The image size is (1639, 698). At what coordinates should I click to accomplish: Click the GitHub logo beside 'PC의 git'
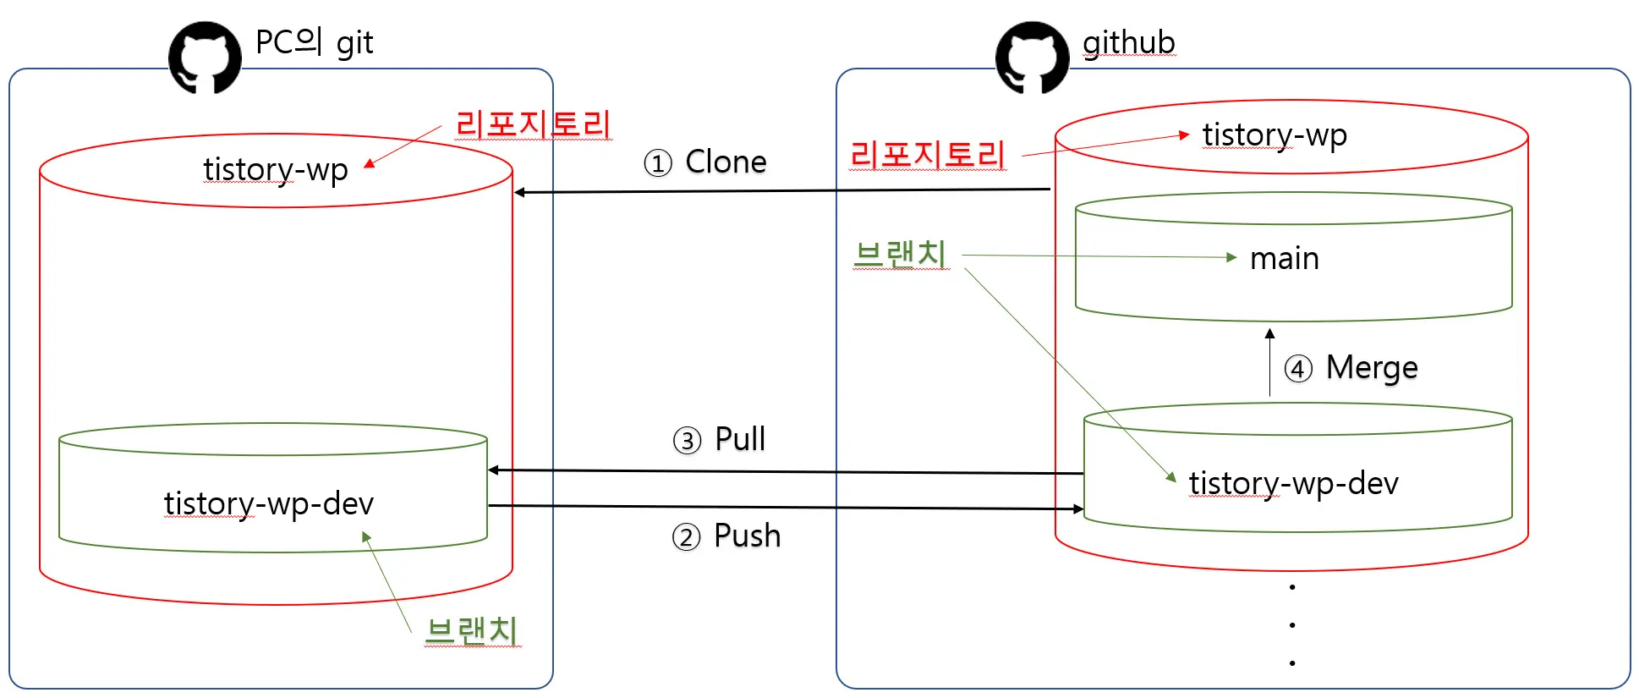pyautogui.click(x=205, y=58)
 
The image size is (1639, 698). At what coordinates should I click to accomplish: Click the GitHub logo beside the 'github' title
pyautogui.click(x=1032, y=58)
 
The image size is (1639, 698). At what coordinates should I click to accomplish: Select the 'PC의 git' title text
pyautogui.click(x=314, y=42)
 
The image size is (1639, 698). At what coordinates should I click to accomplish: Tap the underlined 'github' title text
pyautogui.click(x=1128, y=42)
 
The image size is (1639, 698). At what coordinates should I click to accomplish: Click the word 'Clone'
pyautogui.click(x=726, y=162)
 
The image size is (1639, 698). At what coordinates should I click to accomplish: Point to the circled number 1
pyautogui.click(x=658, y=162)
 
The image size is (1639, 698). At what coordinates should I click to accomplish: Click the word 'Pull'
pyautogui.click(x=740, y=439)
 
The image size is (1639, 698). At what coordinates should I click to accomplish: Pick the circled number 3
pyautogui.click(x=687, y=441)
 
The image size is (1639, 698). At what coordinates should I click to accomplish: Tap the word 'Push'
pyautogui.click(x=747, y=536)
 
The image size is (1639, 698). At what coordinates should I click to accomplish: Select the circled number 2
pyautogui.click(x=686, y=537)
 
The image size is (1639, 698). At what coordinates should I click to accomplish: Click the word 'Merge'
pyautogui.click(x=1372, y=368)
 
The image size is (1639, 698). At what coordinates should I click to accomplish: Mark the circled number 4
pyautogui.click(x=1298, y=369)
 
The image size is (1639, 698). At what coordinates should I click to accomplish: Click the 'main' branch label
pyautogui.click(x=1284, y=258)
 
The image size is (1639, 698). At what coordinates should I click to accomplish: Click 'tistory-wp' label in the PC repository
pyautogui.click(x=275, y=169)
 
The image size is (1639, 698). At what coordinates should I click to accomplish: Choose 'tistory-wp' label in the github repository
pyautogui.click(x=1274, y=135)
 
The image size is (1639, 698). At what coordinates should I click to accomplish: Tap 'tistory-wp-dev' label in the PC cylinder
pyautogui.click(x=268, y=503)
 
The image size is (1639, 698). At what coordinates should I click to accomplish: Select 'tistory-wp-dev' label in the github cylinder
pyautogui.click(x=1293, y=483)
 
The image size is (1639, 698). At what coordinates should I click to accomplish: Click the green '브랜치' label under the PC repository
pyautogui.click(x=472, y=630)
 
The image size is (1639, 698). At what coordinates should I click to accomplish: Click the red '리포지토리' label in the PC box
pyautogui.click(x=533, y=124)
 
